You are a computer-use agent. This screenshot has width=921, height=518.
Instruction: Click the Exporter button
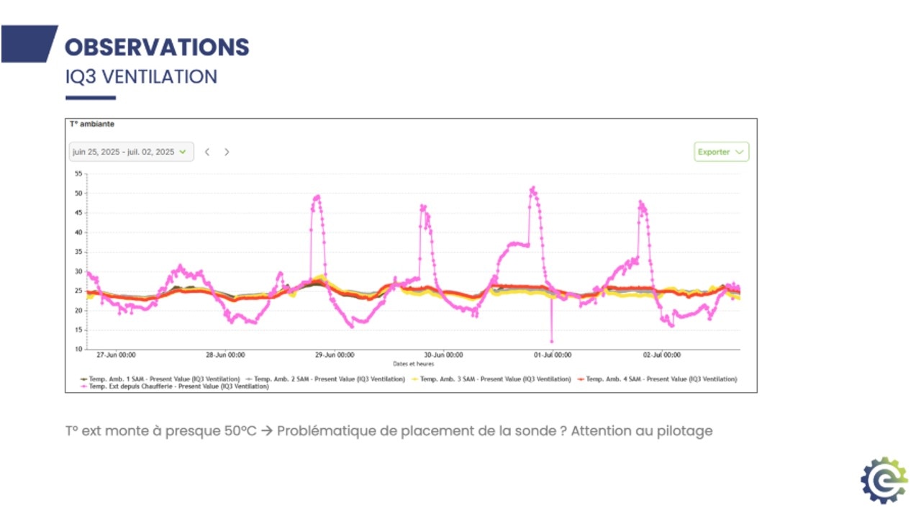(721, 152)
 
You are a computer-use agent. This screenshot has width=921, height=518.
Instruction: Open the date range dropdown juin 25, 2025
(131, 152)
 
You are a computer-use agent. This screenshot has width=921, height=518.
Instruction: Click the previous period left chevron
(207, 152)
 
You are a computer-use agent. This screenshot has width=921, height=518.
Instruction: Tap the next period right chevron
(227, 152)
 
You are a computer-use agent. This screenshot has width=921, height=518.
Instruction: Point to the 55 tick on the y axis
(78, 174)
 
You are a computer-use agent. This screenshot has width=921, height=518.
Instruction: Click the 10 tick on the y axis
(78, 350)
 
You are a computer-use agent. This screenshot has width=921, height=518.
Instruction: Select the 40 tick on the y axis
(78, 232)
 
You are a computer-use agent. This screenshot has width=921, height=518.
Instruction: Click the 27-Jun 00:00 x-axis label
(117, 355)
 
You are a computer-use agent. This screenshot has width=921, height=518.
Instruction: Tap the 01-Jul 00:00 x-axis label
(553, 355)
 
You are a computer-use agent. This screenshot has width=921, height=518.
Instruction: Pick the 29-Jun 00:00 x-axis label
(335, 355)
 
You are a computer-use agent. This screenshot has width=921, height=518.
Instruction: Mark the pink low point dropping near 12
(552, 341)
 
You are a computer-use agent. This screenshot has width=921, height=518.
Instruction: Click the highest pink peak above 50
(533, 188)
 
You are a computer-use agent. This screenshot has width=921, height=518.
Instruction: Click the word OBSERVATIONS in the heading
(157, 47)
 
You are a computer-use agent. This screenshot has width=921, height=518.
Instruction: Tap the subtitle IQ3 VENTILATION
(141, 76)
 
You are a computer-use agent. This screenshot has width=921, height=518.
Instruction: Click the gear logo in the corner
(884, 480)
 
